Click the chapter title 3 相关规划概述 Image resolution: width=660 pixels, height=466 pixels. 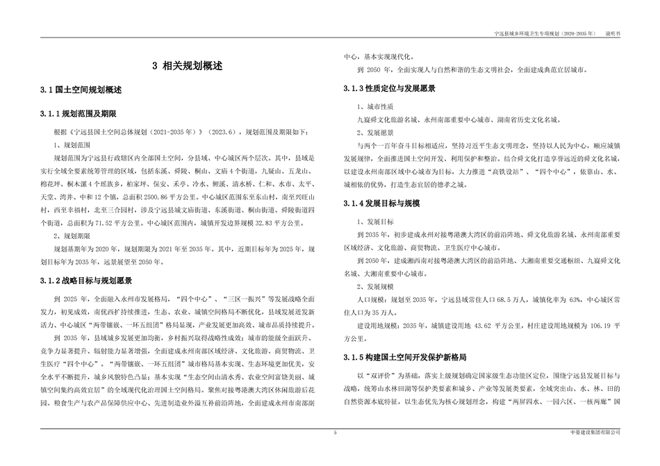tap(188, 67)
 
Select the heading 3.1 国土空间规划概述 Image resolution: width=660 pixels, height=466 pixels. tap(81, 90)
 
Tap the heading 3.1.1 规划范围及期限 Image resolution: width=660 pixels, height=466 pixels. tap(88, 113)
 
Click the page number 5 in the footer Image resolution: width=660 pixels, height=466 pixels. tap(335, 433)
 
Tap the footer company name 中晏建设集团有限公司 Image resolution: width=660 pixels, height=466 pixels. tap(594, 433)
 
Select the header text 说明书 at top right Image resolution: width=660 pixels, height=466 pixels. tap(613, 33)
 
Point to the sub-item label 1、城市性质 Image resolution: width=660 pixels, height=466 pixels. tap(375, 107)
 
